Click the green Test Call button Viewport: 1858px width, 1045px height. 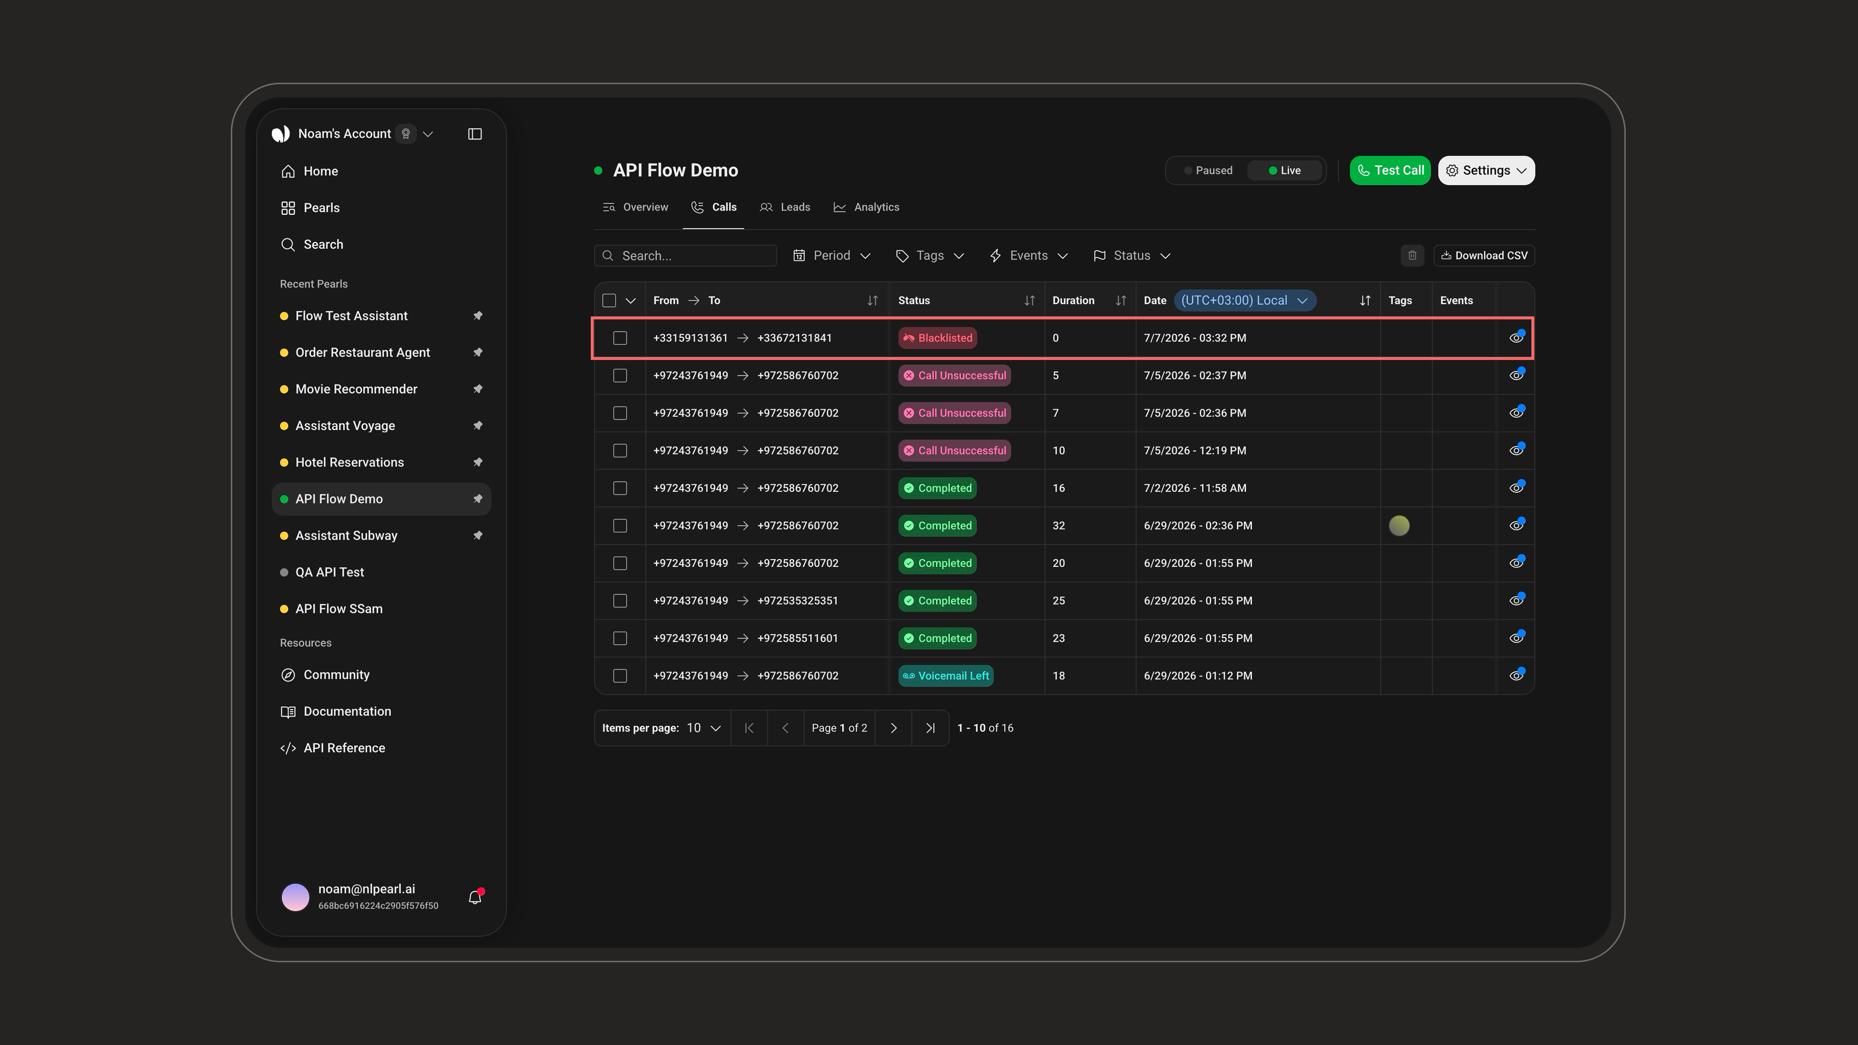[x=1390, y=170]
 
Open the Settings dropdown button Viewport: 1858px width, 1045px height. [x=1486, y=170]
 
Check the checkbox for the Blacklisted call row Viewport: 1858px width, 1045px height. [x=619, y=337]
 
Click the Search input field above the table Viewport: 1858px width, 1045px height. [x=685, y=255]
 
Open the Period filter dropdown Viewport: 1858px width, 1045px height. [x=832, y=255]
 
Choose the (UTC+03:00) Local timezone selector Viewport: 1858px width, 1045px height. [x=1244, y=300]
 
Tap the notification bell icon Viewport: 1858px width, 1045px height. [x=475, y=897]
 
